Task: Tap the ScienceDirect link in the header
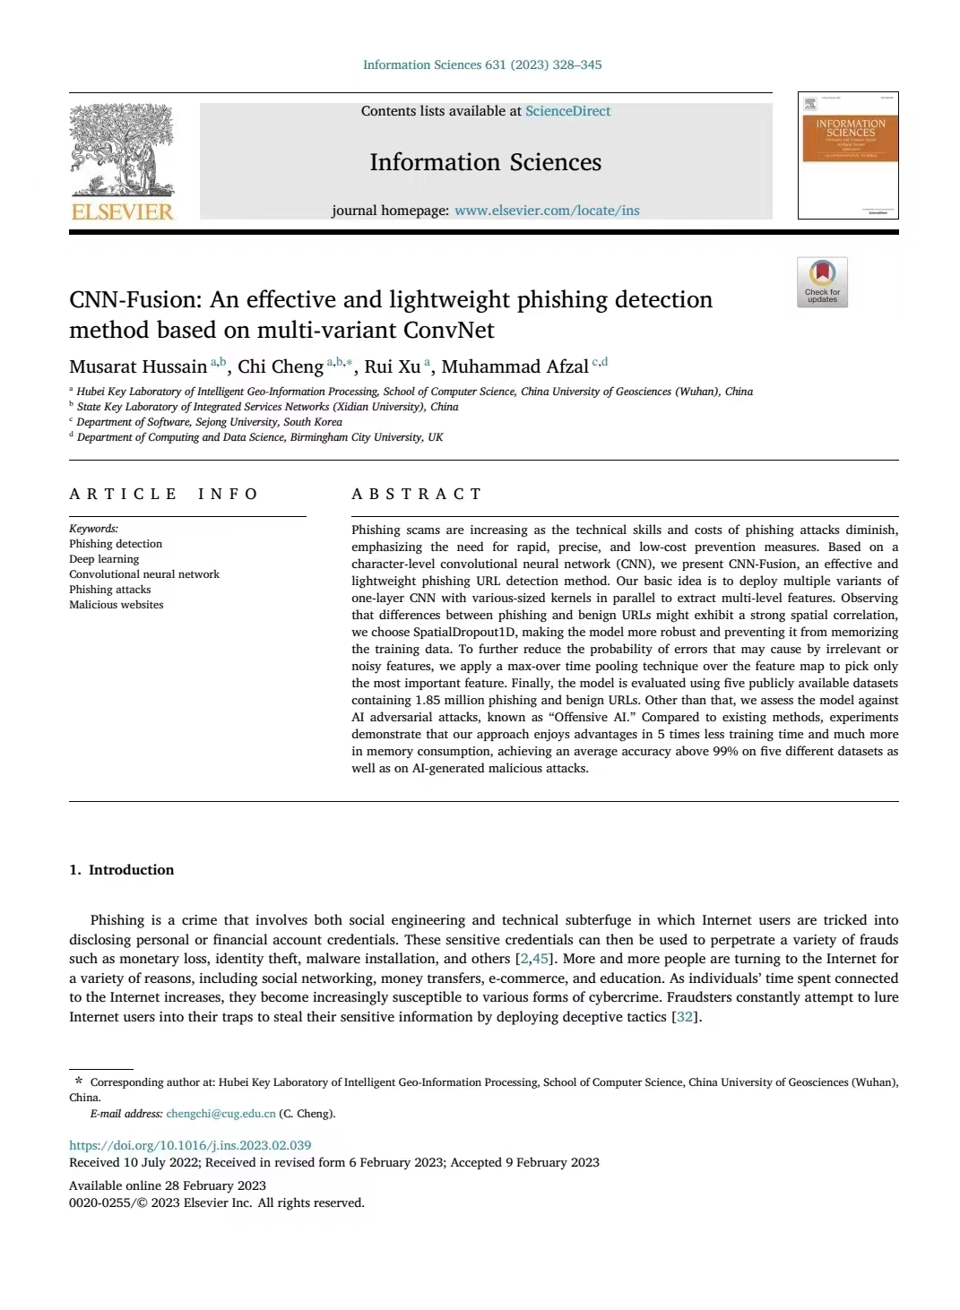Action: point(567,111)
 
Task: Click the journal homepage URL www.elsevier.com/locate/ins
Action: point(547,211)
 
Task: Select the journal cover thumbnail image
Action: point(848,155)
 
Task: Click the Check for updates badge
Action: point(822,282)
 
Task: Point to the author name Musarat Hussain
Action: point(138,366)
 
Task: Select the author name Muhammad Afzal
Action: point(515,366)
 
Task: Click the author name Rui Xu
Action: point(392,366)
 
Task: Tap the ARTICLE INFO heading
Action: point(164,494)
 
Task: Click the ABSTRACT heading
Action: point(417,494)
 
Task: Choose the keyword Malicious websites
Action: point(117,605)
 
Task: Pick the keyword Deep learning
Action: point(104,559)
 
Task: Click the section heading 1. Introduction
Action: point(122,870)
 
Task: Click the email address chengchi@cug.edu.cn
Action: point(221,1114)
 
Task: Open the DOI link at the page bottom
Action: point(190,1145)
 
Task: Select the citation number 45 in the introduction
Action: point(541,959)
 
